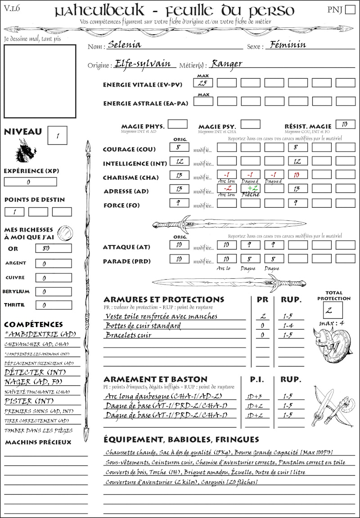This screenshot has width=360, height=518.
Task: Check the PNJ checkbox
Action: pos(350,10)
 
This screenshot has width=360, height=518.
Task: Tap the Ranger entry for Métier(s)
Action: pos(226,64)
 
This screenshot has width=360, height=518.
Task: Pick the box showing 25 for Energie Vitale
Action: pos(203,83)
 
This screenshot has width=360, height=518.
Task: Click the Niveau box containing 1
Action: pos(58,134)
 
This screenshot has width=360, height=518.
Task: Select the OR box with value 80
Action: pos(54,248)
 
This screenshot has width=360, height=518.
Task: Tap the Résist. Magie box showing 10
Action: pos(345,124)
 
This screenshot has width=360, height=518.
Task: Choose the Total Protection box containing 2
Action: pos(333,310)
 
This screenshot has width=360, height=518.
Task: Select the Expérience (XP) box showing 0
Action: pos(31,182)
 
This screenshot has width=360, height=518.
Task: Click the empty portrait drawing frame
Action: pos(40,81)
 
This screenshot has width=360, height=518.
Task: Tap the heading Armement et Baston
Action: pos(155,379)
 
